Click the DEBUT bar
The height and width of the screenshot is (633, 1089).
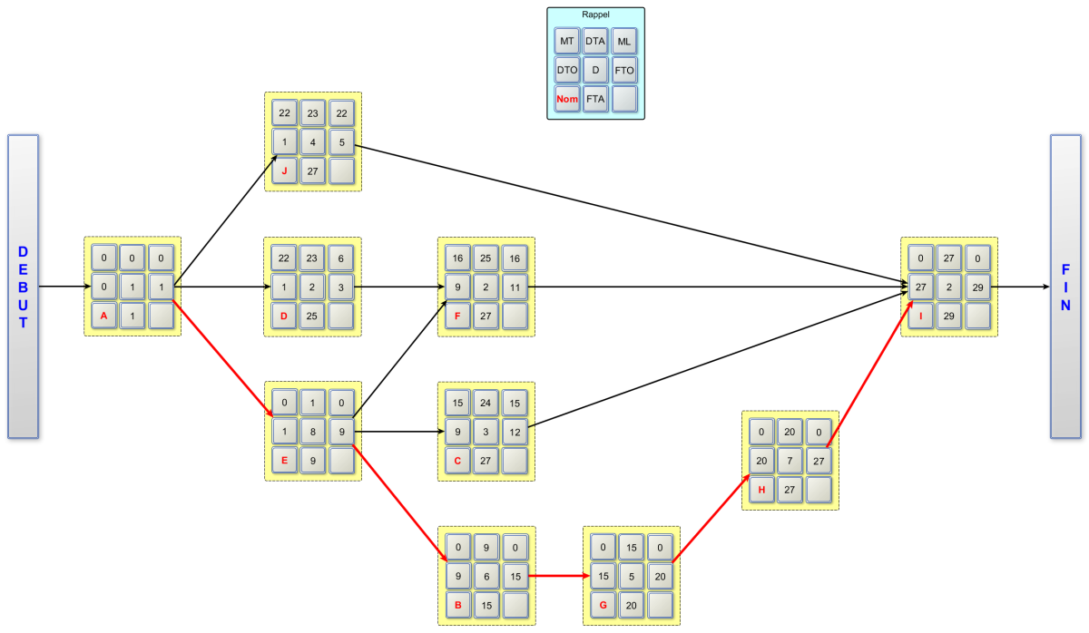[23, 287]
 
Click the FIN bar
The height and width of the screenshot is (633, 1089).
[1065, 287]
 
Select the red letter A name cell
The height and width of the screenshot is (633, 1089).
[103, 316]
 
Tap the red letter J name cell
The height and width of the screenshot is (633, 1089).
[285, 170]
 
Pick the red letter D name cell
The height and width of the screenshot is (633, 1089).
[285, 316]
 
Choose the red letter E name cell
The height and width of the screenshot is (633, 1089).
[285, 461]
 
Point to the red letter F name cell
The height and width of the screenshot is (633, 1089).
[458, 316]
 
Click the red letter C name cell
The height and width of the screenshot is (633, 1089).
[458, 461]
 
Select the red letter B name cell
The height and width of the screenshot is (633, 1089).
[458, 605]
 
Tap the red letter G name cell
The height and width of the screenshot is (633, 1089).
[603, 605]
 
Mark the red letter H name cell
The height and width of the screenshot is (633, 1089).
[762, 490]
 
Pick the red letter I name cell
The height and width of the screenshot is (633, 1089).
[920, 316]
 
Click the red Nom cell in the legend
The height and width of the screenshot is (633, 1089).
[567, 98]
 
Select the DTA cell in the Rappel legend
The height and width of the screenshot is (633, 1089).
[595, 41]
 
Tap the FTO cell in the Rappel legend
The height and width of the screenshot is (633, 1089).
[624, 70]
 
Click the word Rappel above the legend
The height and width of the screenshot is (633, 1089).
[595, 15]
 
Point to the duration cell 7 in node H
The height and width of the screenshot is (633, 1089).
[791, 461]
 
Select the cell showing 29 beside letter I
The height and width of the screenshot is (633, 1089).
[949, 316]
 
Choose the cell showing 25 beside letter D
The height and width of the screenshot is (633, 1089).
[314, 316]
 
